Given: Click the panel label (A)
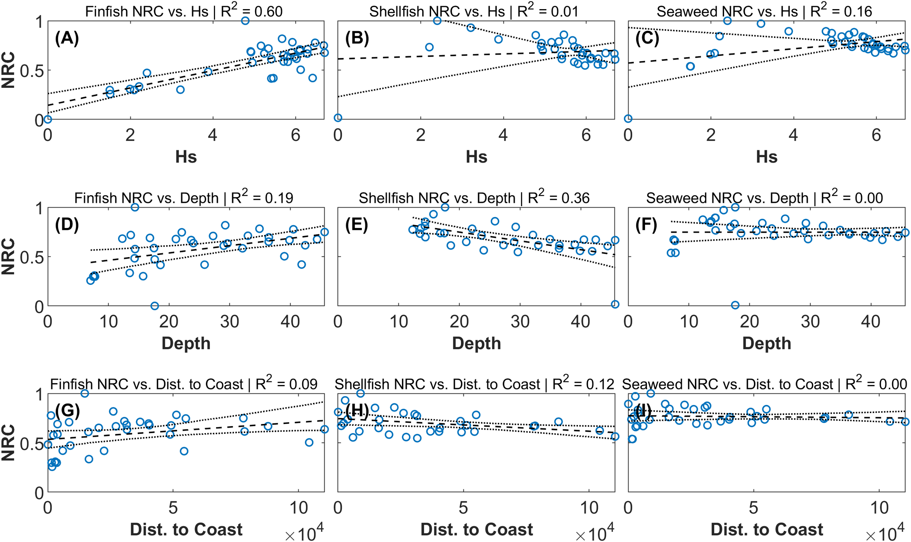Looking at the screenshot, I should (67, 38).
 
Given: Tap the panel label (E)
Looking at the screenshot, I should (357, 224).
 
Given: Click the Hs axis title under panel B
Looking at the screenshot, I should (476, 157).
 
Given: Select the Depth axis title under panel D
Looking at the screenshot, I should (186, 343).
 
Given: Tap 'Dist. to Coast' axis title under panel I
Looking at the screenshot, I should (767, 529).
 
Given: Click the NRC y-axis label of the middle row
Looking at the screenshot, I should (8, 256).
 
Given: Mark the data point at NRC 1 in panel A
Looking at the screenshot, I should (245, 21).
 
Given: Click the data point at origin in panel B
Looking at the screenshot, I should (338, 118).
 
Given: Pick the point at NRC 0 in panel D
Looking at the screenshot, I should (155, 306).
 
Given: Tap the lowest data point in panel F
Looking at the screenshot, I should (735, 305).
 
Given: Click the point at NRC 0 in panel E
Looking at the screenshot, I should (615, 304).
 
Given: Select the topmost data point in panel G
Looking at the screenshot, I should (85, 393).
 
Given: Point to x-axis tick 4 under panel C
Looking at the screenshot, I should (793, 135).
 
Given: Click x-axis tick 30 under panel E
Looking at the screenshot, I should (520, 322).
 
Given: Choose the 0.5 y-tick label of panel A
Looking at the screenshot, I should (31, 71).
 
